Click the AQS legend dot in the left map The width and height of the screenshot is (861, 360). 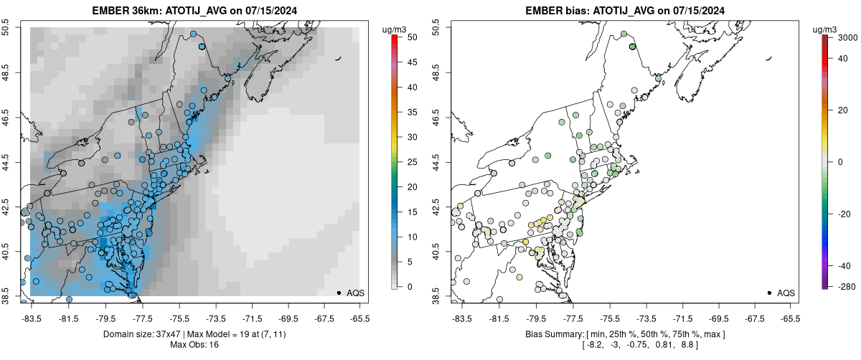(339, 293)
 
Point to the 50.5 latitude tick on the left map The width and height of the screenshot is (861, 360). (9, 28)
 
